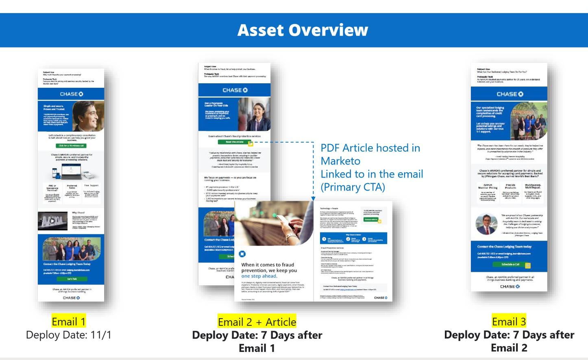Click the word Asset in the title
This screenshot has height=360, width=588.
pos(261,30)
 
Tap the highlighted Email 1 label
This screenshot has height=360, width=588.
pos(69,322)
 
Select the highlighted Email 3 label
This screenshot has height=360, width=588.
pos(509,322)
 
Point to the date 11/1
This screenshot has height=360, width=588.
pos(101,335)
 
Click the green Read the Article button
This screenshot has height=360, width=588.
pos(235,142)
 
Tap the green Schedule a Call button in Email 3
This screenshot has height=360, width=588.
pos(510,265)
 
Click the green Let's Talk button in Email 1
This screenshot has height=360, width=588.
pos(72,279)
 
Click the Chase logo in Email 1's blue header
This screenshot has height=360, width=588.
pos(72,94)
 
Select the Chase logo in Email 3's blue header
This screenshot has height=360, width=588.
pos(510,94)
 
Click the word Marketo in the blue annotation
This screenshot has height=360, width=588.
pos(340,161)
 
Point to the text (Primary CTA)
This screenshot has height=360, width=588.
pos(353,187)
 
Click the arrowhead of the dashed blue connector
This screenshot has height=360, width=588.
pos(313,199)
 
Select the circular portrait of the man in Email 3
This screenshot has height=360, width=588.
pos(487,224)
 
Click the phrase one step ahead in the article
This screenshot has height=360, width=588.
pos(259,276)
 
